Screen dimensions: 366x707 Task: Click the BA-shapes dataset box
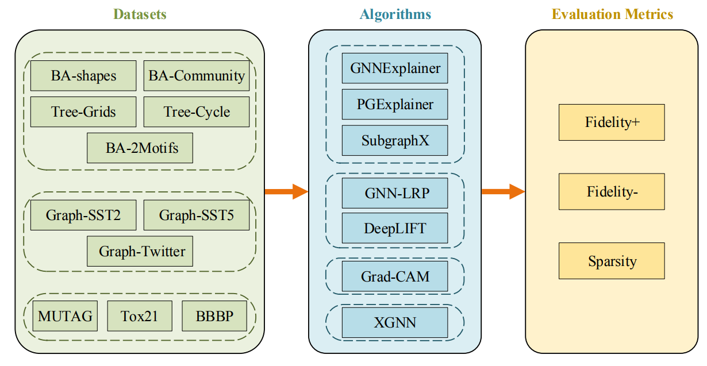(83, 76)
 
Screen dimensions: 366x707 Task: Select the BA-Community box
(197, 76)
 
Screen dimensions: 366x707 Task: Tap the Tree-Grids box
(83, 111)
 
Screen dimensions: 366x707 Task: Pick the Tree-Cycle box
(197, 111)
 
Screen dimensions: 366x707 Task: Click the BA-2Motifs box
(140, 148)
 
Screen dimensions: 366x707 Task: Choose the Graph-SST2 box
(83, 215)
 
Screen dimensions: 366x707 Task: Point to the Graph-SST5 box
(197, 215)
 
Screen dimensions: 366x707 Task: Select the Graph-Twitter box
(140, 251)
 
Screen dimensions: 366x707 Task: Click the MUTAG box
(65, 316)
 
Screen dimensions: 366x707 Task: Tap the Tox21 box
(139, 316)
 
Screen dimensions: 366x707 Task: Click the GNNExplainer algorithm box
(395, 68)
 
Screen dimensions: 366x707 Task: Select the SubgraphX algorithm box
(395, 140)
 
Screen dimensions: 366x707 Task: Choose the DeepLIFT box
(395, 228)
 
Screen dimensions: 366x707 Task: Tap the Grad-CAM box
(395, 276)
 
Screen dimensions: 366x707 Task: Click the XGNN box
(395, 322)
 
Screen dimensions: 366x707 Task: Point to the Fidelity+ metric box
(612, 122)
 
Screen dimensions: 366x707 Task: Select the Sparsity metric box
(612, 261)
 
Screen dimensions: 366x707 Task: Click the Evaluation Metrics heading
(612, 14)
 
